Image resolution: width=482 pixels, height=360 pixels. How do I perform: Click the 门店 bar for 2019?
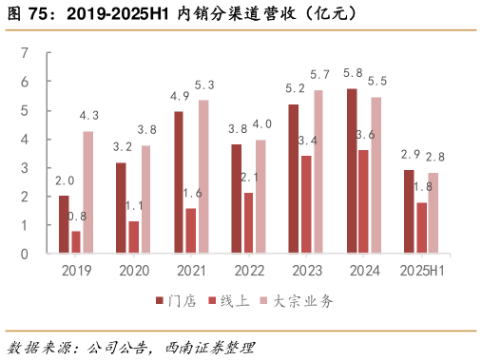click(64, 225)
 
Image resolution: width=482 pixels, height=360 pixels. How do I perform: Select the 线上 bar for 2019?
click(76, 242)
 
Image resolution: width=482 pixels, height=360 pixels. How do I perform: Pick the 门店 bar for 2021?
click(179, 182)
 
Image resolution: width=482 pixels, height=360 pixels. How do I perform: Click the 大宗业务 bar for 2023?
click(318, 172)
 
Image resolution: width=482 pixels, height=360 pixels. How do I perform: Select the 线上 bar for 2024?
click(363, 202)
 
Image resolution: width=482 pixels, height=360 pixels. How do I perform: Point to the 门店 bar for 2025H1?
click(409, 212)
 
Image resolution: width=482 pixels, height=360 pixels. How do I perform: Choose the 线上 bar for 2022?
click(248, 223)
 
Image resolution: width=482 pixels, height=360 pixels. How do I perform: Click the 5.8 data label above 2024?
click(352, 72)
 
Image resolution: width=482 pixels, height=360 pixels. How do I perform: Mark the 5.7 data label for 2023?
click(319, 74)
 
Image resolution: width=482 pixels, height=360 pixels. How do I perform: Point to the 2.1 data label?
click(249, 177)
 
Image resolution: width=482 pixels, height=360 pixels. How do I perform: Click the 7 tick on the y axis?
click(25, 53)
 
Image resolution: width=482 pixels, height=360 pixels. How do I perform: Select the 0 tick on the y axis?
click(25, 255)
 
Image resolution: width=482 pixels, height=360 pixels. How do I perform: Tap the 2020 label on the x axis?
click(134, 271)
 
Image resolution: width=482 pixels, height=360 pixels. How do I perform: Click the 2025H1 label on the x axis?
click(421, 271)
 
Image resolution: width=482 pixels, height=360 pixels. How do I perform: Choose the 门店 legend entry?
click(176, 301)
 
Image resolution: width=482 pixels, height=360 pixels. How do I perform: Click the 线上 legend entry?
click(228, 301)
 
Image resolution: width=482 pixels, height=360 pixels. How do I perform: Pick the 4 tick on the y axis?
click(25, 140)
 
